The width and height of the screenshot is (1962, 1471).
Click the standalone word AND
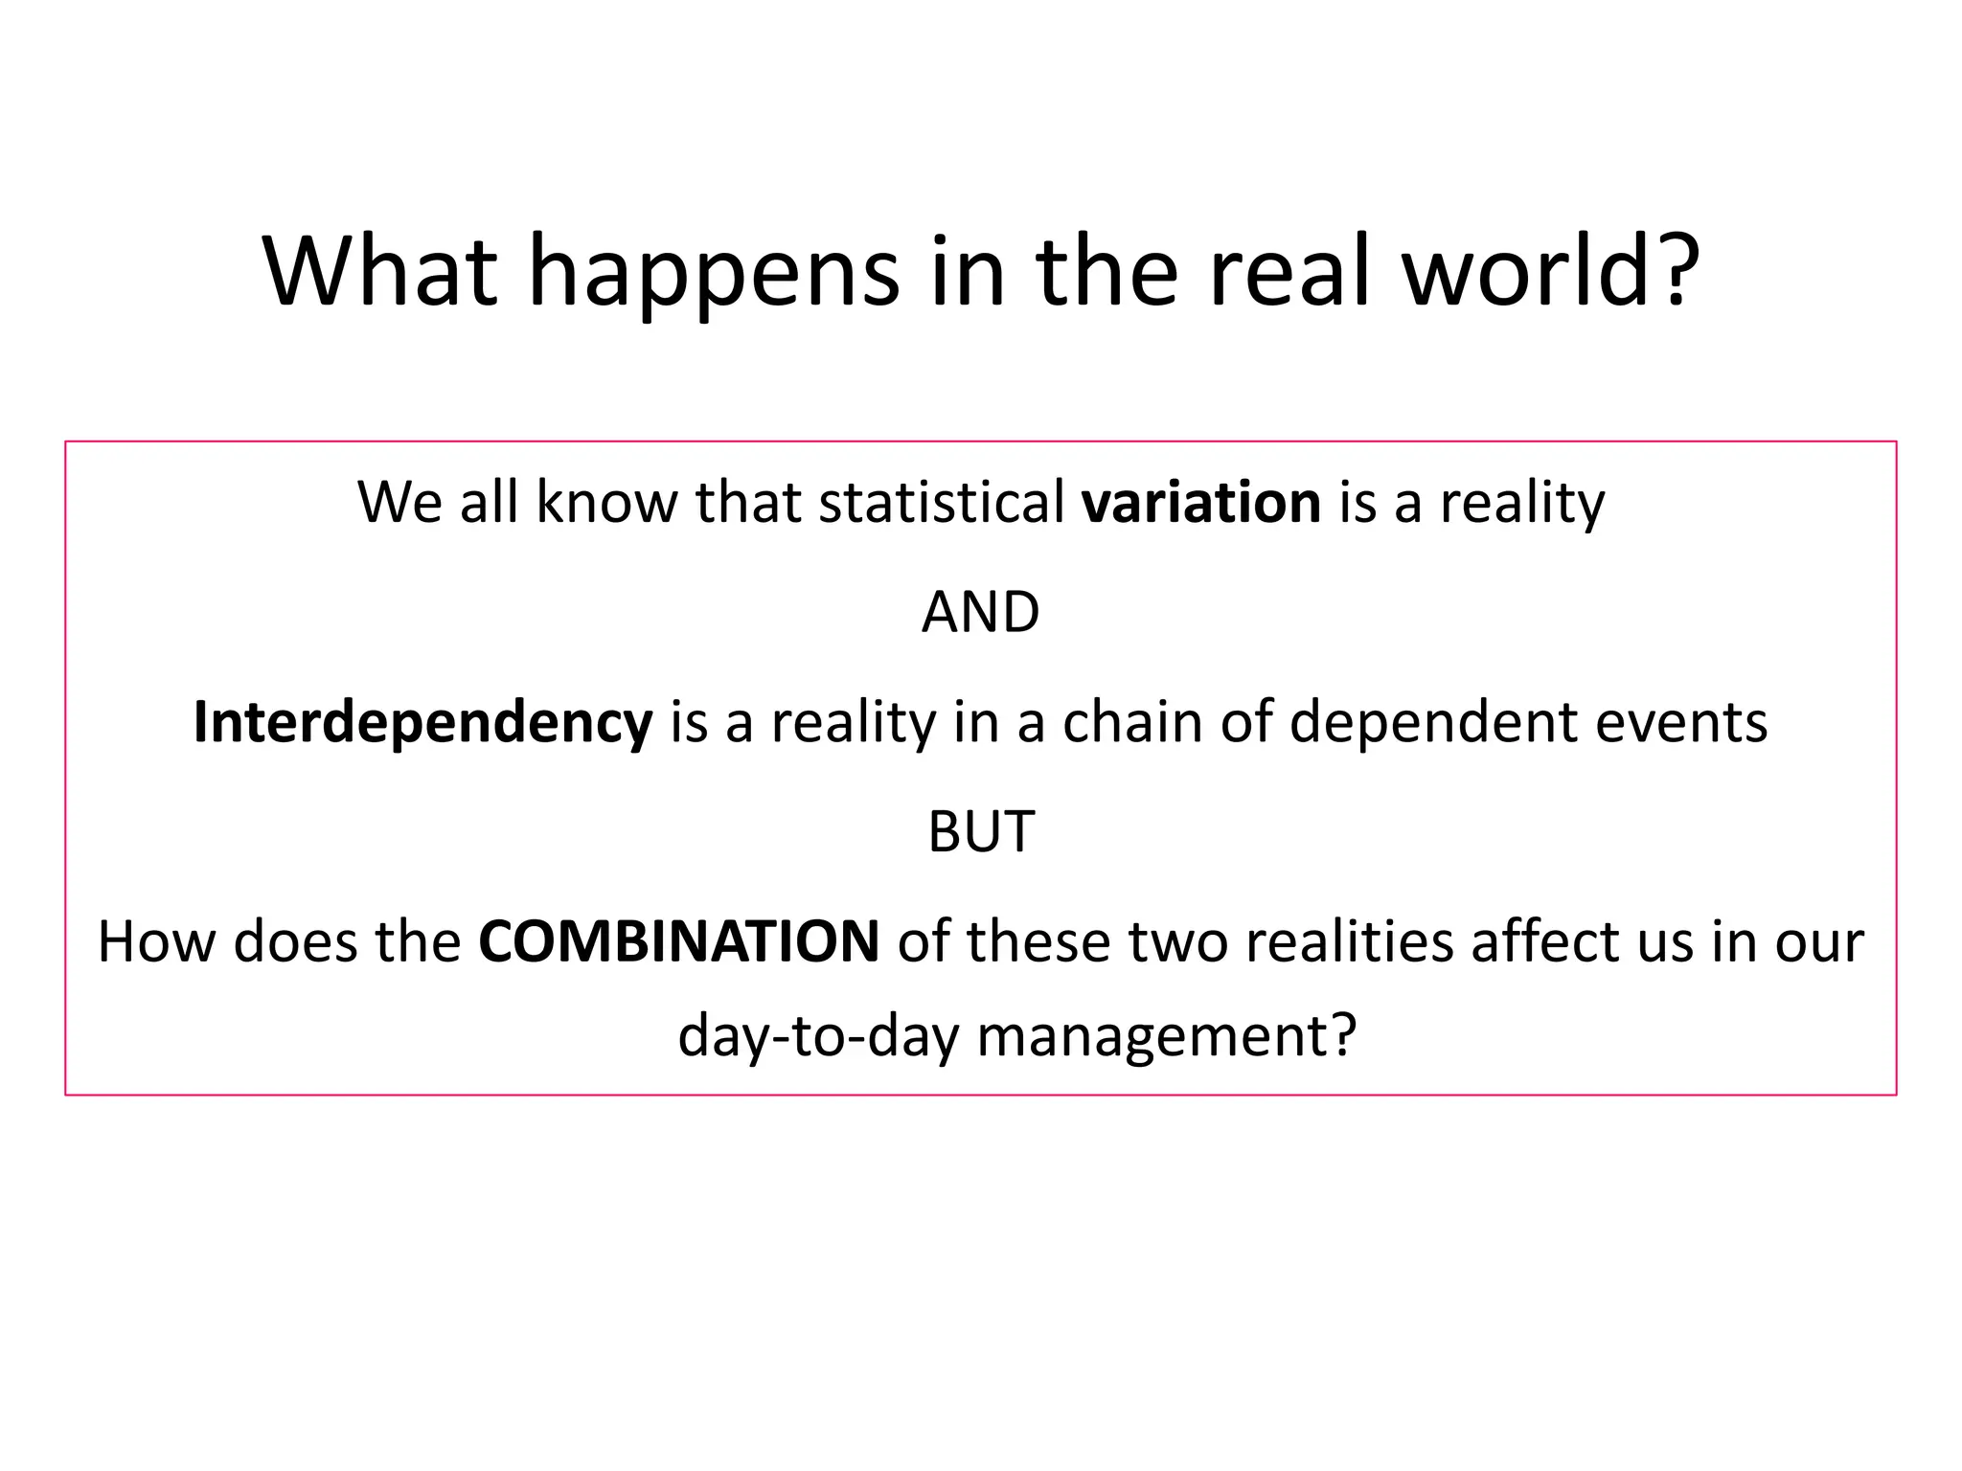(x=980, y=613)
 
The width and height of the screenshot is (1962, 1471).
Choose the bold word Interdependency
(x=422, y=722)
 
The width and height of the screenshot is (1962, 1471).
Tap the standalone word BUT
(x=980, y=831)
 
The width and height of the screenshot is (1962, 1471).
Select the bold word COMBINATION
(x=678, y=941)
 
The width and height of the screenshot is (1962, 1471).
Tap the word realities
(x=1351, y=941)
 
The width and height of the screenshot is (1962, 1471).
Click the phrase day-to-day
(x=818, y=1036)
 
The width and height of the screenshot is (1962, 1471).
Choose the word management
(x=1166, y=1036)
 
